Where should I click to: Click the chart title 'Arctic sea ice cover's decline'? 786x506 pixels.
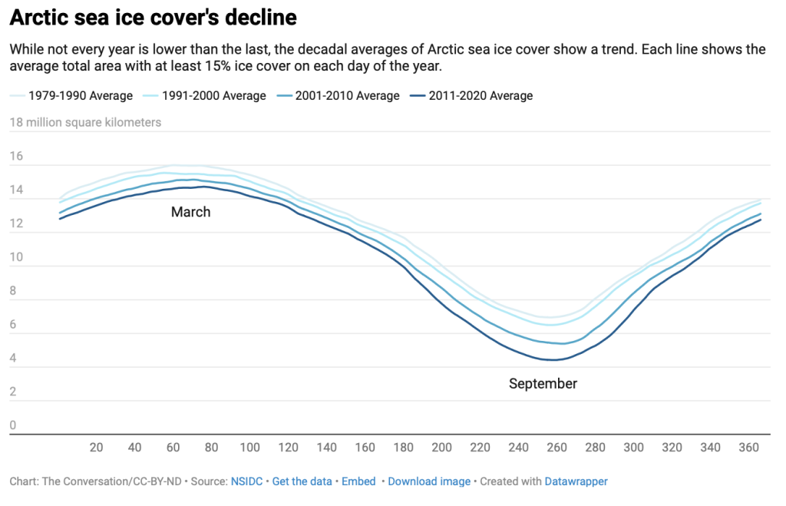pos(153,17)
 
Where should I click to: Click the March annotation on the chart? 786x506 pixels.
pos(190,212)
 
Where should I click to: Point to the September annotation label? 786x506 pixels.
pos(543,383)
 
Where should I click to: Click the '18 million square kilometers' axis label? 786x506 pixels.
pos(85,123)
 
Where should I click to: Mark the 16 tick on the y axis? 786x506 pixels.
pos(16,157)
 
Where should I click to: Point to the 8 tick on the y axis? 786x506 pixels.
pos(13,292)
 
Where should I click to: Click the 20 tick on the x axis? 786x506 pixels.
pos(97,448)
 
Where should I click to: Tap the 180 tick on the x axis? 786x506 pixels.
pos(404,448)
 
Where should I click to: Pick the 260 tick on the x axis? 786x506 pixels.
pos(557,448)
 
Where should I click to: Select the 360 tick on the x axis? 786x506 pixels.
pos(749,448)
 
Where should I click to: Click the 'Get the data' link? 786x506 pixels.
pos(302,481)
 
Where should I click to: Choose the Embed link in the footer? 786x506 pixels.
pos(358,481)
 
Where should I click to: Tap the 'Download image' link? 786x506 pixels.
pos(429,481)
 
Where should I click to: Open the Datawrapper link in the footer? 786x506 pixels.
pos(576,481)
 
